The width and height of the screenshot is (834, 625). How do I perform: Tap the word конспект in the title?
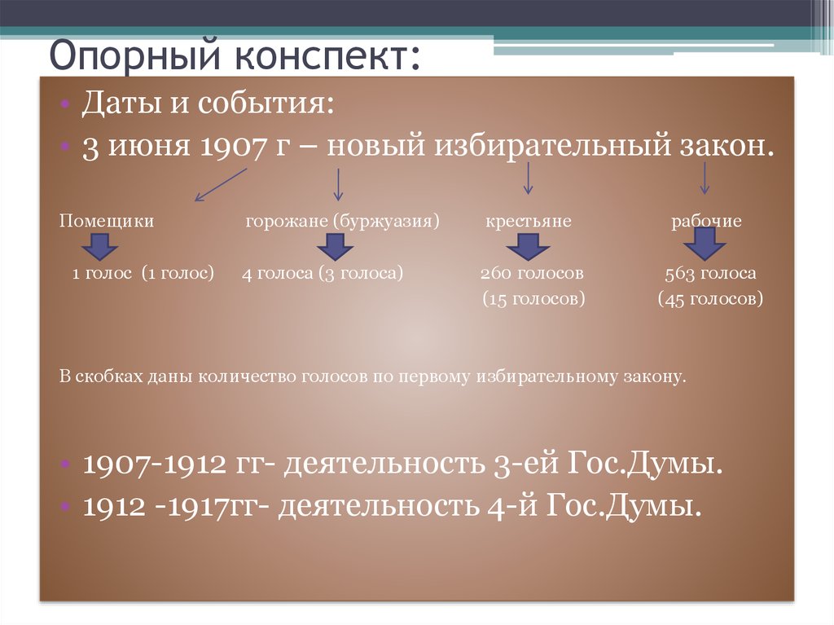click(322, 55)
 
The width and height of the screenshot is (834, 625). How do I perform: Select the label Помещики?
click(107, 220)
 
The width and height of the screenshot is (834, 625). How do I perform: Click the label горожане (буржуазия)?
click(343, 221)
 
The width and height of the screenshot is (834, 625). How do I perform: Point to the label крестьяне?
click(528, 221)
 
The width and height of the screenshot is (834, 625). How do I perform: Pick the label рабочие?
click(706, 220)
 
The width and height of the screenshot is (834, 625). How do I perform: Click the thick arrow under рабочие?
click(705, 244)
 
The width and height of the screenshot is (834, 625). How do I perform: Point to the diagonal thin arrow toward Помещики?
click(221, 185)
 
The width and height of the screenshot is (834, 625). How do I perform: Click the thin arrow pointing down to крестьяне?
click(528, 178)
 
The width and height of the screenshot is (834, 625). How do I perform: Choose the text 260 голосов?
click(532, 273)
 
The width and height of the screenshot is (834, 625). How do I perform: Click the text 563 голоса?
click(710, 273)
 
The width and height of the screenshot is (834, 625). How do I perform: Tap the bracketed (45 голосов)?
click(710, 299)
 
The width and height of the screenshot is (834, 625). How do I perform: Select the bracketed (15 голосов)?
click(533, 299)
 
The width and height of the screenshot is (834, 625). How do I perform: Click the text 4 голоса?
click(277, 273)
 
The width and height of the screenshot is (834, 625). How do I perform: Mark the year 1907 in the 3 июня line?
click(232, 147)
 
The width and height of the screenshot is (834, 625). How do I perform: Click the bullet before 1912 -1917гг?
click(65, 506)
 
